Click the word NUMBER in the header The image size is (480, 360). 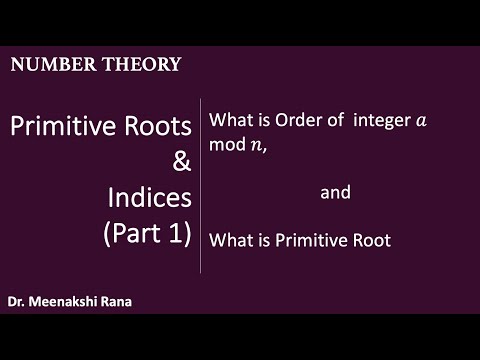pos(46,65)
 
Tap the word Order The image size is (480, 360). pos(291,121)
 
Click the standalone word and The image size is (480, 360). pos(335,192)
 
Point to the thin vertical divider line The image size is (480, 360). pos(201,185)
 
